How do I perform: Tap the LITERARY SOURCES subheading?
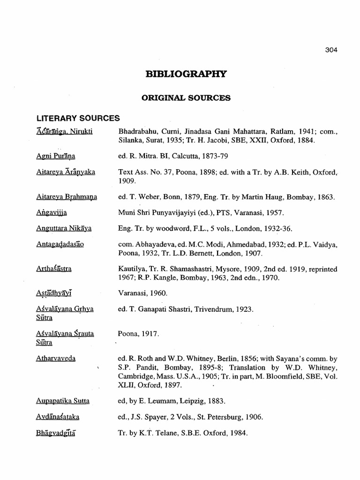pyautogui.click(x=78, y=119)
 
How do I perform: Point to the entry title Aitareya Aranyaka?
pyautogui.click(x=66, y=172)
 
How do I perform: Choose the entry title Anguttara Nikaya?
pyautogui.click(x=64, y=229)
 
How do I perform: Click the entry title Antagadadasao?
pyautogui.click(x=60, y=244)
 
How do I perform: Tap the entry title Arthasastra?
pyautogui.click(x=54, y=269)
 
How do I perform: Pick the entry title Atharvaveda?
pyautogui.click(x=56, y=358)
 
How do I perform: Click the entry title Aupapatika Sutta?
pyautogui.click(x=63, y=401)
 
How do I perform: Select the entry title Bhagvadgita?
pyautogui.click(x=56, y=433)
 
